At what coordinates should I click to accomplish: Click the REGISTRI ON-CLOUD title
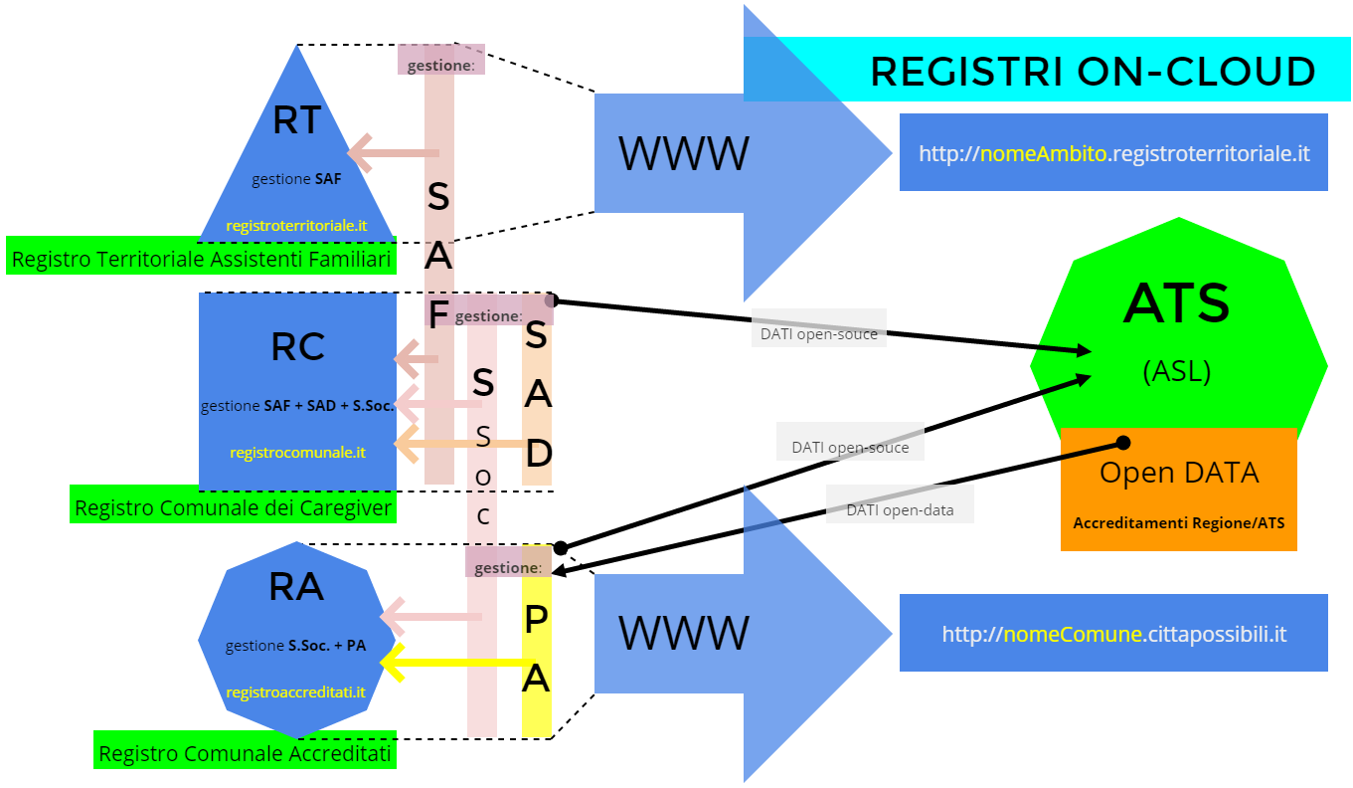tap(1093, 72)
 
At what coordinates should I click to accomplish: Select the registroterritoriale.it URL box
tap(1113, 153)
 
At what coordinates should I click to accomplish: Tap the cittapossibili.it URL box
tap(1113, 634)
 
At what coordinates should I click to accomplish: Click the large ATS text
tap(1177, 304)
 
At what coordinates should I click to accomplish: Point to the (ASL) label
tap(1177, 371)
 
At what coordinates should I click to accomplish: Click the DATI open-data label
tap(900, 510)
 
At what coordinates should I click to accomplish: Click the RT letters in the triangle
tap(296, 120)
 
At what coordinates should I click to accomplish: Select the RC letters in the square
tap(297, 347)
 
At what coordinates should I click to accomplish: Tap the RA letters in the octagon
tap(296, 587)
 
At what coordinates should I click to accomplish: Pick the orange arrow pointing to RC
tap(457, 444)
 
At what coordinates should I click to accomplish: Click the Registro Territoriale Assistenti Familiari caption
tap(200, 261)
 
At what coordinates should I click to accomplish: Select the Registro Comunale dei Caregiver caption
tap(234, 508)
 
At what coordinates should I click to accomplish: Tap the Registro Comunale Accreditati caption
tap(245, 754)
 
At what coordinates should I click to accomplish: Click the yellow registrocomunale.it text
tap(297, 452)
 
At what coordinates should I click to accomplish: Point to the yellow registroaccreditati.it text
tap(295, 691)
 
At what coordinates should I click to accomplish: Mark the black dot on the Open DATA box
tap(1123, 442)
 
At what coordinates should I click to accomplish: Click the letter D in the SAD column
tap(537, 454)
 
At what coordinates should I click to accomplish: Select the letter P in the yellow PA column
tap(536, 621)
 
